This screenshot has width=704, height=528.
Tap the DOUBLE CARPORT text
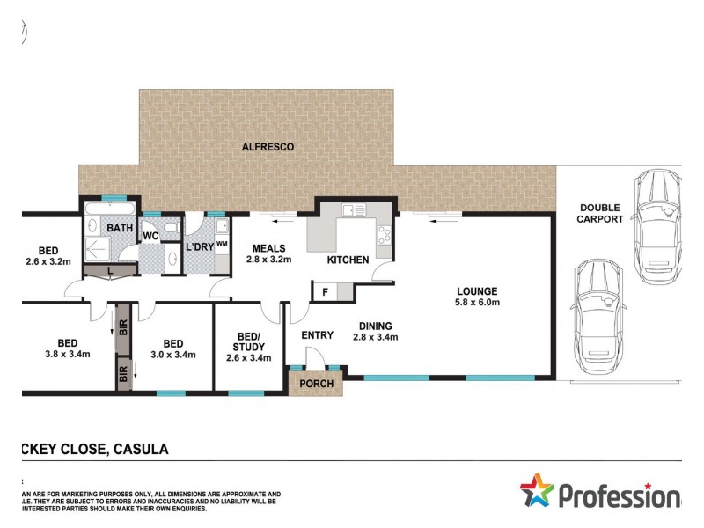(x=600, y=214)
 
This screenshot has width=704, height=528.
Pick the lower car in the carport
(x=598, y=316)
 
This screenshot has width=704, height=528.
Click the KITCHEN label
(x=348, y=261)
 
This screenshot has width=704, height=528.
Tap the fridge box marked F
(x=325, y=291)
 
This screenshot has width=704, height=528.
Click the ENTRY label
(x=317, y=336)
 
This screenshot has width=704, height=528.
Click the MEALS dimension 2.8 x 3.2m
(x=268, y=260)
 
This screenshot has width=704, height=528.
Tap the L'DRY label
(x=198, y=249)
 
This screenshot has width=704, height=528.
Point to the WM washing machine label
(x=222, y=244)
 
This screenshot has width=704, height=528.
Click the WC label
(x=150, y=236)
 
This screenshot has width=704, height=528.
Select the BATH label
(x=120, y=229)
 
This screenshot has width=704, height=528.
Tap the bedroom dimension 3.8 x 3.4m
(x=67, y=355)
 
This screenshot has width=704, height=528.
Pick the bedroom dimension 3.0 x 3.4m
(x=172, y=355)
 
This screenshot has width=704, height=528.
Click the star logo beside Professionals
(x=537, y=490)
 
